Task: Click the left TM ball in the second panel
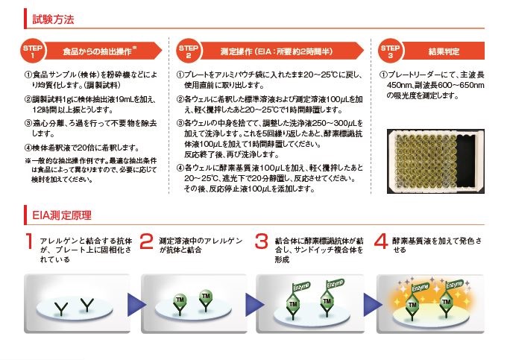click(x=180, y=299)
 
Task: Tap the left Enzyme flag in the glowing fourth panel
click(x=419, y=287)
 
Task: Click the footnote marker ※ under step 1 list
click(x=28, y=160)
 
